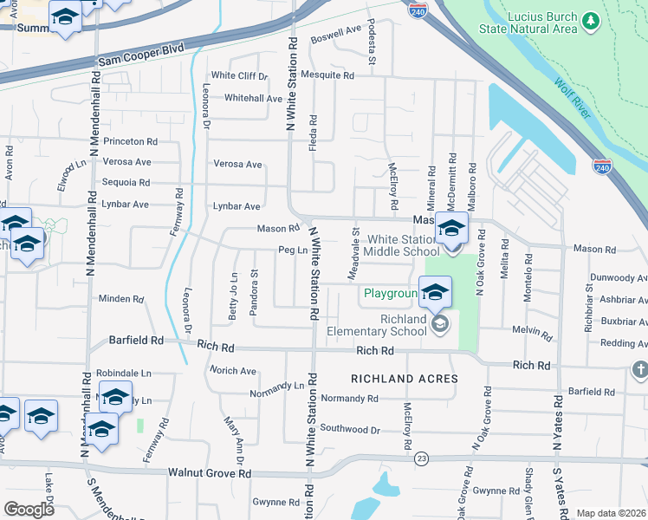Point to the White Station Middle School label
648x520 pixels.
(x=404, y=245)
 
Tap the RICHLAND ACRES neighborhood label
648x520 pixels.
(x=404, y=379)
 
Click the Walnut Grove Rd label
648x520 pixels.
(x=211, y=474)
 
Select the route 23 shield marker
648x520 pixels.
(x=421, y=458)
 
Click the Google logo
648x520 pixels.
(x=29, y=510)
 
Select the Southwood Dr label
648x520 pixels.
(x=350, y=429)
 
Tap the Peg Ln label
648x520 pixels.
(x=293, y=250)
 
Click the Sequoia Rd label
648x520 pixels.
(x=126, y=183)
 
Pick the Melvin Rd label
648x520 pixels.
(x=532, y=330)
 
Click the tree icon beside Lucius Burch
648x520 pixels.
(x=591, y=20)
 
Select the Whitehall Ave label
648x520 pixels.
(x=253, y=98)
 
